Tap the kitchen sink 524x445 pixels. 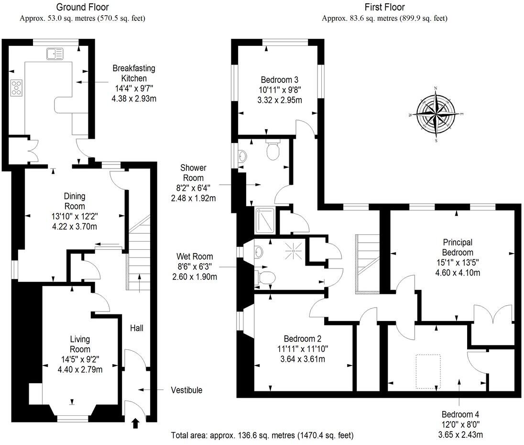pos(55,54)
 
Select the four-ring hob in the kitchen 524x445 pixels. pos(16,88)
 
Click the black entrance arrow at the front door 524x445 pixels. pos(135,423)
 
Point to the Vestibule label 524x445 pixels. pos(186,390)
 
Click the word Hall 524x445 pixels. pos(137,328)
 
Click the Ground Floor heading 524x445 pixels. pos(82,7)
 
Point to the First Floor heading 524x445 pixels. pos(384,7)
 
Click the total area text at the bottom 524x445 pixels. pos(262,435)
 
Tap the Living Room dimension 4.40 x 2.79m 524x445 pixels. pos(80,369)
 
